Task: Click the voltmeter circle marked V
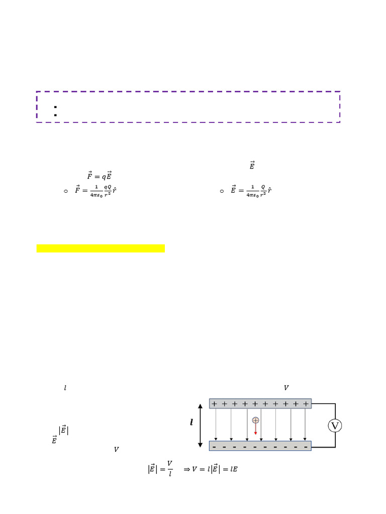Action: point(335,426)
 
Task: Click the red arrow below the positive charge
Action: point(255,429)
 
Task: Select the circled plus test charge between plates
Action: point(255,420)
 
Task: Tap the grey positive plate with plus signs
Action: point(260,404)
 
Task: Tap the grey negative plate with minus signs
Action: point(260,446)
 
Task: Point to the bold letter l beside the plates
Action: point(191,423)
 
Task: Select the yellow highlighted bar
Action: point(101,248)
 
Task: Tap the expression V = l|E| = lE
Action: point(210,469)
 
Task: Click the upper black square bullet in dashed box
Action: point(54,107)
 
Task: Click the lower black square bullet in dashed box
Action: point(54,114)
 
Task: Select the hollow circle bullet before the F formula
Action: point(66,191)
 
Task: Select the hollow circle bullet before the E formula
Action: point(222,191)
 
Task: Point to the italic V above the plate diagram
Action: point(286,388)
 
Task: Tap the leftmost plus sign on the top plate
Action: point(215,404)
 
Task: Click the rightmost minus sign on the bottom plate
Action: point(307,446)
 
